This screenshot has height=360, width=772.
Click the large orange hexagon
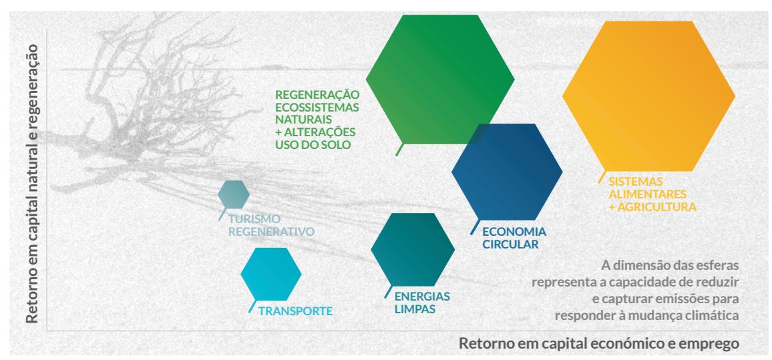648,96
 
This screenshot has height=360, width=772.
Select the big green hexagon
440,79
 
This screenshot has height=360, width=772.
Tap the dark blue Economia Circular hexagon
507,172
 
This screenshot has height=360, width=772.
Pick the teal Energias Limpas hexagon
413,249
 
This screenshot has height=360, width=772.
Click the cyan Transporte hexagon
270,274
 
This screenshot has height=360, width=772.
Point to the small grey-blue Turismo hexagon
233,194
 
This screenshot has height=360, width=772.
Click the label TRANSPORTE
295,311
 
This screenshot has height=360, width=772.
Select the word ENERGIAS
423,297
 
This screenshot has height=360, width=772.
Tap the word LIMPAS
415,309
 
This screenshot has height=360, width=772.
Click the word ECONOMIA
514,232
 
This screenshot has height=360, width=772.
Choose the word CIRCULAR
511,244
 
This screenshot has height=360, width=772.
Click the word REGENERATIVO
271,232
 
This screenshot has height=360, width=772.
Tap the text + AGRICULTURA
652,207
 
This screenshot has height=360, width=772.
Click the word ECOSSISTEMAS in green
317,107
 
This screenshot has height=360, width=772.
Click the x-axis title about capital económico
599,343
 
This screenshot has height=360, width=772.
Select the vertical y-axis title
32,184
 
